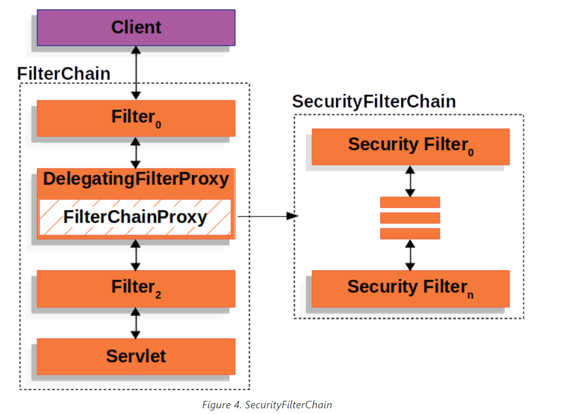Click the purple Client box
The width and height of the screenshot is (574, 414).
coord(136,27)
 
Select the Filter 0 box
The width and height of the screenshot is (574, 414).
coord(136,118)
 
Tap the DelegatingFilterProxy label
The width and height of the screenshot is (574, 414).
coord(136,179)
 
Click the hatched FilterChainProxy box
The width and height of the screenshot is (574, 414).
coord(135,217)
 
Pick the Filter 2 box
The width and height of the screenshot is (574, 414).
coord(136,288)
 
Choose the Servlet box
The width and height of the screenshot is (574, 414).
coord(136,356)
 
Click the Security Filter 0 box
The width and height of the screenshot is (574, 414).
coord(411,146)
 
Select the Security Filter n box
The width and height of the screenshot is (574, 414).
coord(411,288)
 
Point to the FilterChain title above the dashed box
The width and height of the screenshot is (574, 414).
coord(64,74)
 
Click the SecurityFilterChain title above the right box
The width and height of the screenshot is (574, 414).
coord(374,102)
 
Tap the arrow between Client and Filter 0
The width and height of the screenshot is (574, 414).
coord(136,73)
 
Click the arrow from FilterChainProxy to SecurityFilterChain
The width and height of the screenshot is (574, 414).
coord(268,216)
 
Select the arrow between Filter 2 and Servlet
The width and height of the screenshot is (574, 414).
coord(136,323)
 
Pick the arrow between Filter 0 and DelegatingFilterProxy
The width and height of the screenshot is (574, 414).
coord(136,152)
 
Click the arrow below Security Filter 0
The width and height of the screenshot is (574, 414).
coord(410,181)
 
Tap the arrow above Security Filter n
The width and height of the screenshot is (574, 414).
coord(410,255)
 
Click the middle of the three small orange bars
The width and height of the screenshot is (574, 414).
coord(410,218)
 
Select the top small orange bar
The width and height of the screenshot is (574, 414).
coord(410,202)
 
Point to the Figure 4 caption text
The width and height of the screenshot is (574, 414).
coord(267,404)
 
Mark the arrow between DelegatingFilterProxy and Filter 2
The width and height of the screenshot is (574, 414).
coord(136,255)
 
